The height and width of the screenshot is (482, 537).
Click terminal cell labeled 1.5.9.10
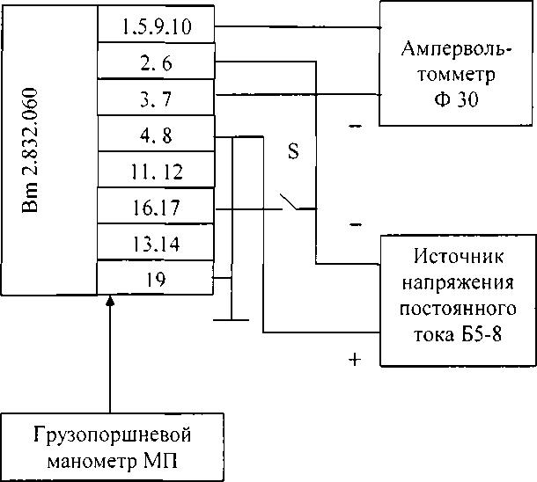[156, 26]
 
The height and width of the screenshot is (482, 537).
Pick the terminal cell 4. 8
[156, 135]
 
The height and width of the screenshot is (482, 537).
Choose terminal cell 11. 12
[156, 172]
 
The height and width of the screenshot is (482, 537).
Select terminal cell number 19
[156, 280]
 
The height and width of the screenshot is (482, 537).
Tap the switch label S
[294, 151]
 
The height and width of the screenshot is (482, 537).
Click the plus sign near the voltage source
[355, 359]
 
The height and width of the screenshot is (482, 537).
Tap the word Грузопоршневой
[112, 436]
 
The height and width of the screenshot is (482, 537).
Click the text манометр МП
[112, 461]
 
